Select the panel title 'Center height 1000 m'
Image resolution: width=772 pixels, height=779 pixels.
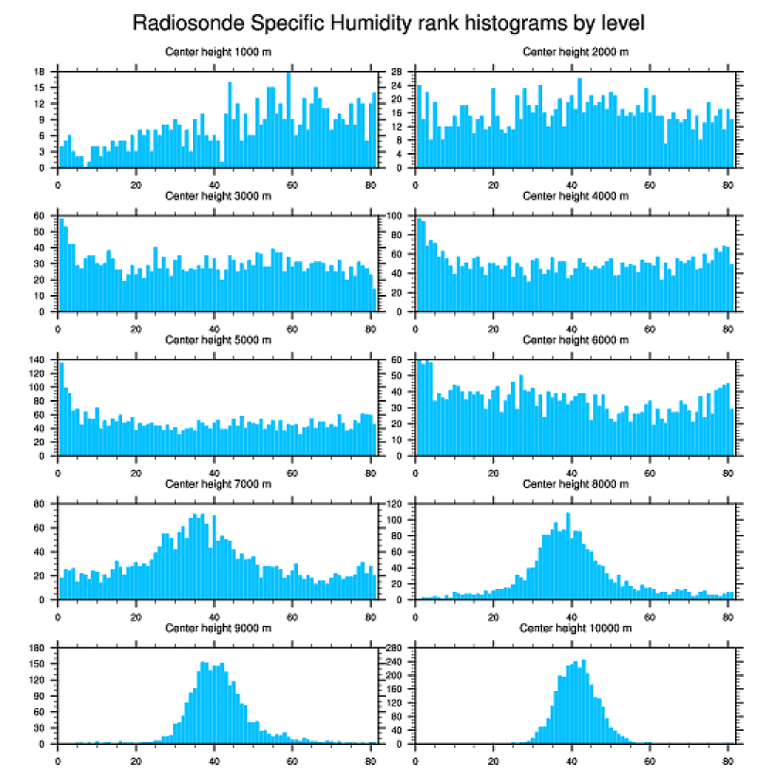click(x=218, y=52)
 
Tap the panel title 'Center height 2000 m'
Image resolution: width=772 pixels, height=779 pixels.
click(x=575, y=52)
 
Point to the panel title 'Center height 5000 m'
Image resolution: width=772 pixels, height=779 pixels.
click(x=218, y=340)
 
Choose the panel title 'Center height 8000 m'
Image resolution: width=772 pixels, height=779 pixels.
click(x=575, y=484)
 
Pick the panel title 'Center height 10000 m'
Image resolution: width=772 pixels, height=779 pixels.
click(x=575, y=628)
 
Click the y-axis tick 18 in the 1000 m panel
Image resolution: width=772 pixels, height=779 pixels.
click(x=41, y=72)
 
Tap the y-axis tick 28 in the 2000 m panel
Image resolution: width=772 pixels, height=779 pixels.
click(x=399, y=72)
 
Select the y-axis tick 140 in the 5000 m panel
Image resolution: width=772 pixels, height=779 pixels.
click(x=39, y=360)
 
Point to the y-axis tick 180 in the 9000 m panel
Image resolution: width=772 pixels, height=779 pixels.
click(x=39, y=648)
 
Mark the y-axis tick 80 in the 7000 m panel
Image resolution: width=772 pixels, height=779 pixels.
click(x=41, y=504)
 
